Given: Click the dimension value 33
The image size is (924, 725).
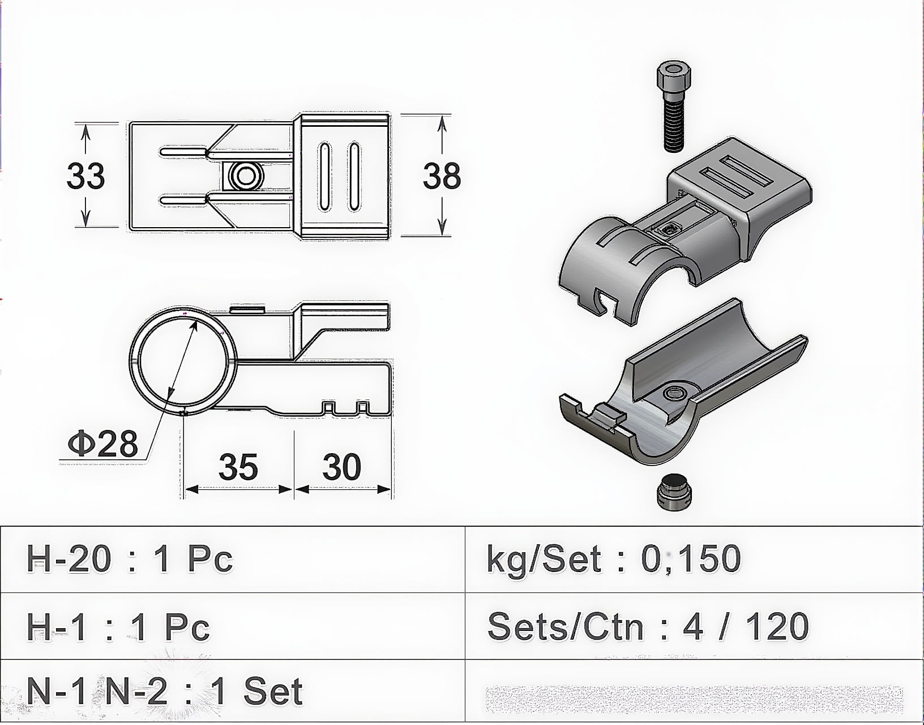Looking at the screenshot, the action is click(x=85, y=176).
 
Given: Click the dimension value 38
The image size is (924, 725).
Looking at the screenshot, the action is click(x=442, y=176).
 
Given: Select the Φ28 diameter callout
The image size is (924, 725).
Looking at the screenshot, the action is click(x=103, y=443).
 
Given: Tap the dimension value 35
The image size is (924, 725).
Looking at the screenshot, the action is click(x=238, y=467).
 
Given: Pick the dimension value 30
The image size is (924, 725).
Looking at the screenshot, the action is click(x=342, y=467).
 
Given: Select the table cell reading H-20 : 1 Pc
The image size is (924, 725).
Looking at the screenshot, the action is click(x=130, y=558).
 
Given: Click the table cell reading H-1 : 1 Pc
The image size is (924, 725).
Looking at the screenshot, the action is click(x=118, y=627).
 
